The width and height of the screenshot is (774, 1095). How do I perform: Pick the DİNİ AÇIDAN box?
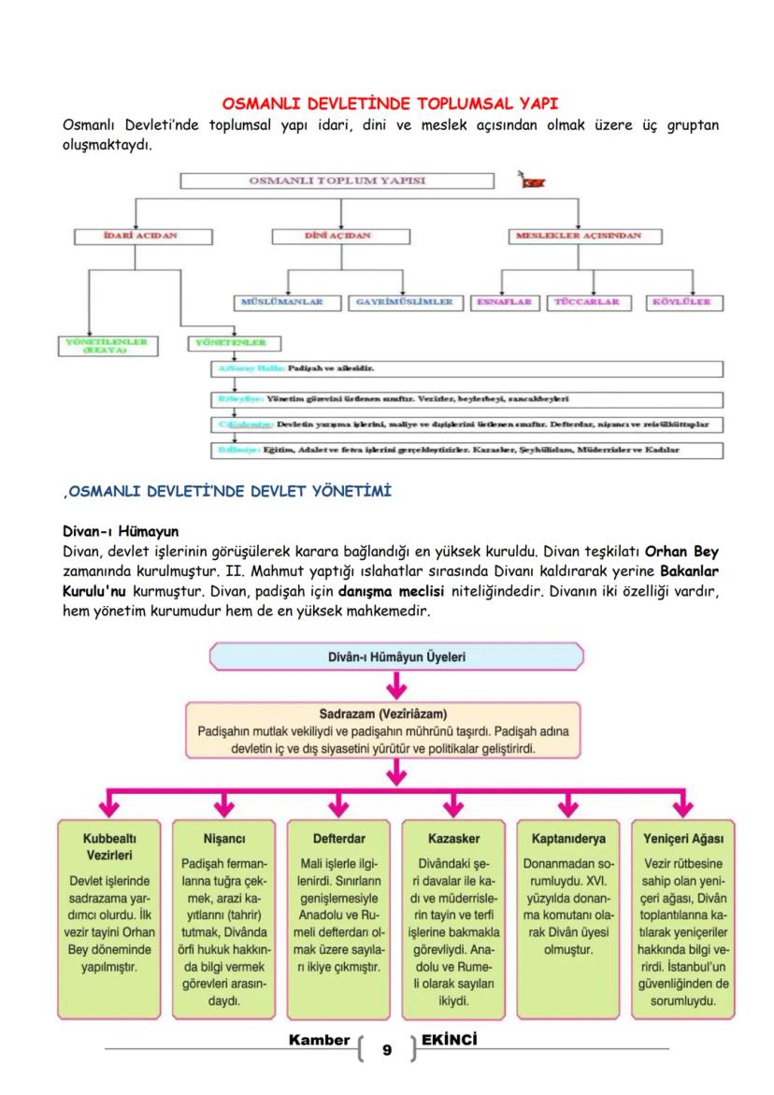pyautogui.click(x=338, y=236)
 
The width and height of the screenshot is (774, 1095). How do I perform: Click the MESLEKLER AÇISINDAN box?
pyautogui.click(x=579, y=236)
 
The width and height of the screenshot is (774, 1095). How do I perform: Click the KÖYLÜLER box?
pyautogui.click(x=681, y=302)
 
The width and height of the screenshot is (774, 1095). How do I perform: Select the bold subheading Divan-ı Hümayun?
pyautogui.click(x=119, y=531)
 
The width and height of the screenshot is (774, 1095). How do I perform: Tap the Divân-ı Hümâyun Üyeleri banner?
pyautogui.click(x=396, y=656)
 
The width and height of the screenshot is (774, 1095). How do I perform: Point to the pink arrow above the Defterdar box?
pyautogui.click(x=338, y=805)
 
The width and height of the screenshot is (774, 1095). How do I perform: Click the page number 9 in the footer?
pyautogui.click(x=387, y=1051)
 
